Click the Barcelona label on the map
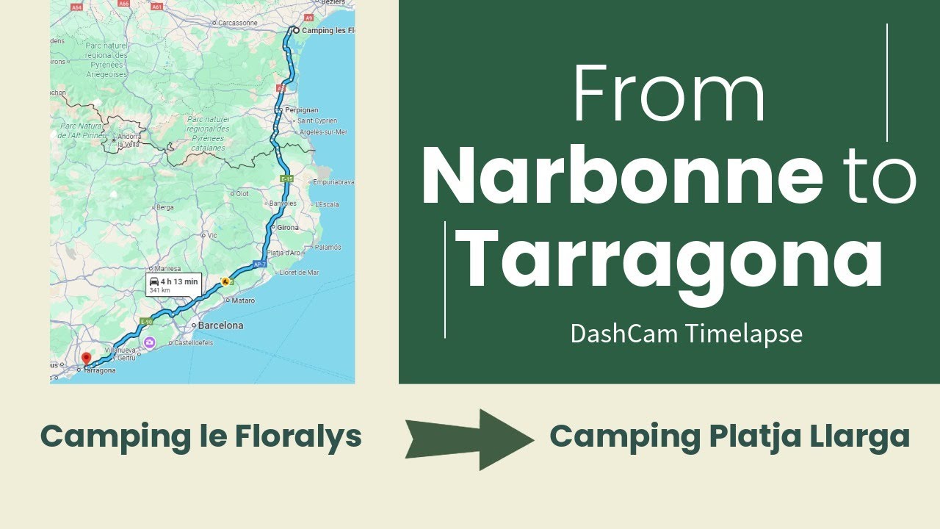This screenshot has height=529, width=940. (x=221, y=325)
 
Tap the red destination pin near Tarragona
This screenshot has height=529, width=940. (x=86, y=359)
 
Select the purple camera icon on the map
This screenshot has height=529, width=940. (x=149, y=342)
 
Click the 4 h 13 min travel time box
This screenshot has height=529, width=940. (x=173, y=284)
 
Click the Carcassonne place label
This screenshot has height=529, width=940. (x=237, y=23)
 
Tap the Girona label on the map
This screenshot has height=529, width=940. (x=287, y=228)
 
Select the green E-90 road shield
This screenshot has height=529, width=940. (x=147, y=322)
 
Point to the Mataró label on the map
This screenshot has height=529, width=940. (x=242, y=301)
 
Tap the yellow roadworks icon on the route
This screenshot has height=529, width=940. (x=225, y=281)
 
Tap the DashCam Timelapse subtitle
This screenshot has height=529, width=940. (x=686, y=334)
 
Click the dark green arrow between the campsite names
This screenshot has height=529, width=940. (x=470, y=439)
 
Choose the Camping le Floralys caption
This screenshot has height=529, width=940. (x=200, y=436)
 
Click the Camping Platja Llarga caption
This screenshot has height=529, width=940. (x=729, y=436)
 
